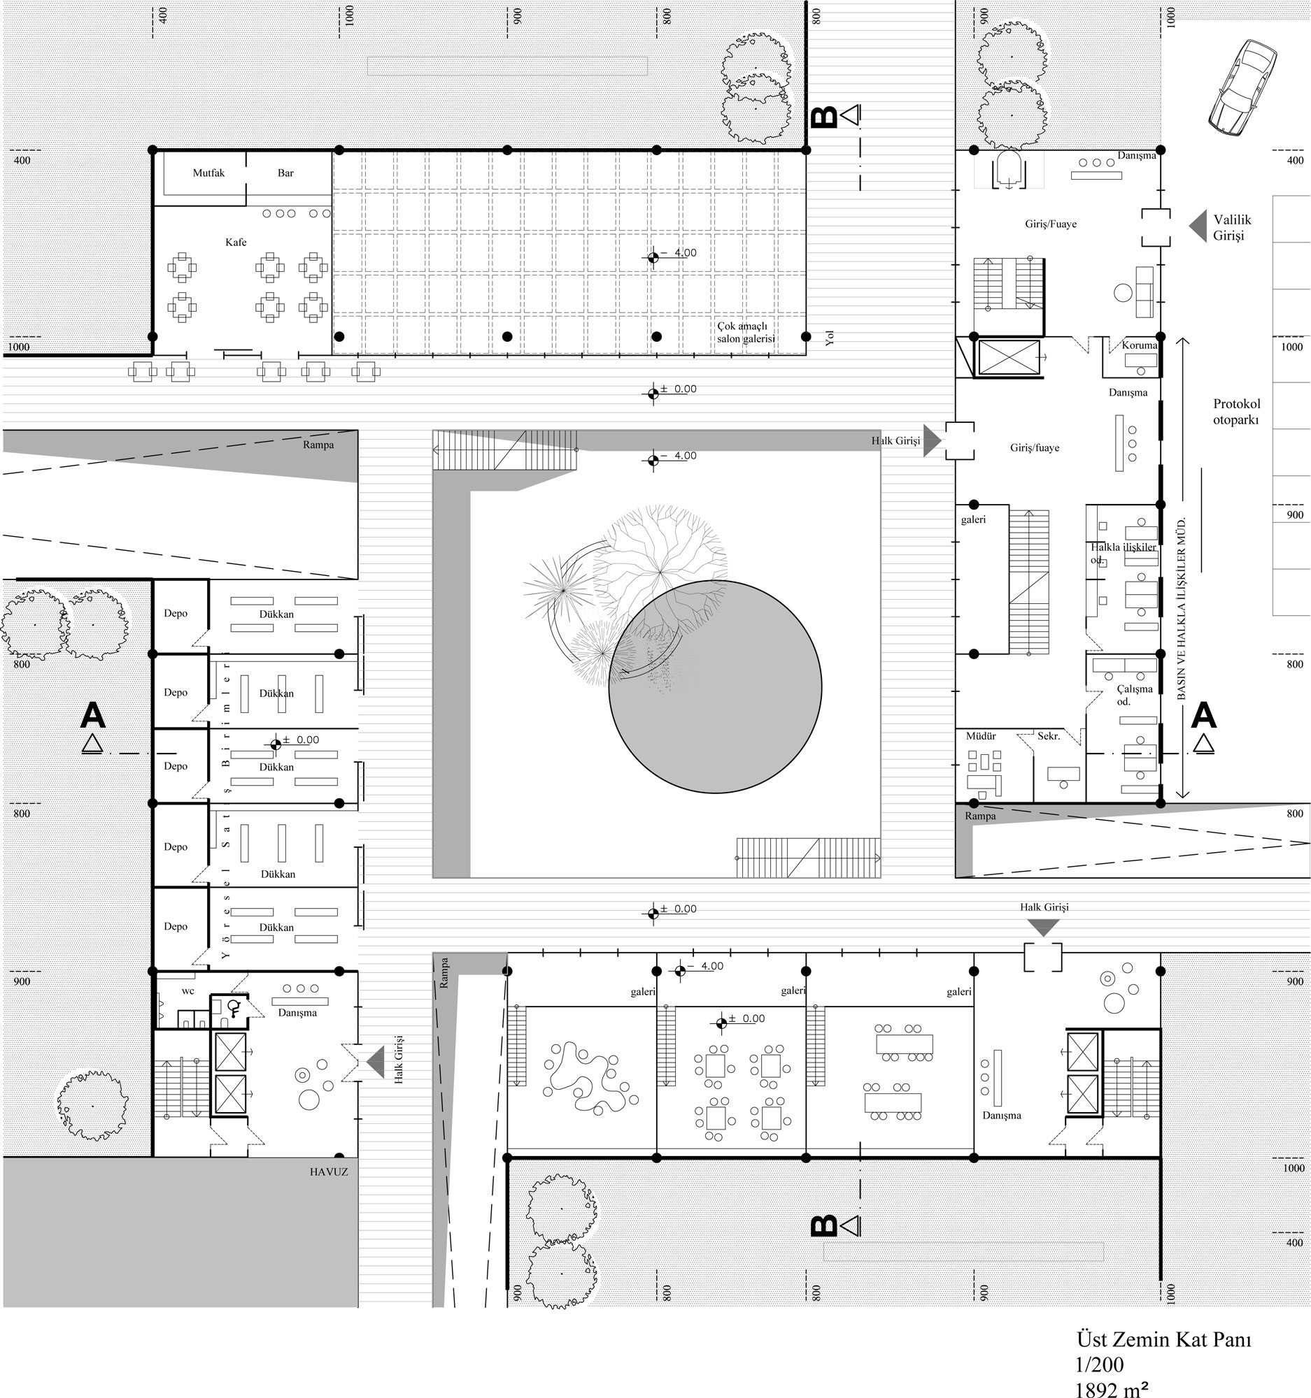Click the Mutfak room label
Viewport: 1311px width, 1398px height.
[208, 173]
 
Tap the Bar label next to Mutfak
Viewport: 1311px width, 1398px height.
[285, 173]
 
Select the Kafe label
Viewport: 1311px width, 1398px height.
[236, 242]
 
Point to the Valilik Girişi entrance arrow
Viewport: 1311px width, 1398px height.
[1198, 226]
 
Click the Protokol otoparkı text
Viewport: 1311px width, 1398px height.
[1236, 412]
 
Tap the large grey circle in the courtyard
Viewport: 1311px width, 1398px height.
[715, 687]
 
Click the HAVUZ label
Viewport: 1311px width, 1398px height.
[329, 1172]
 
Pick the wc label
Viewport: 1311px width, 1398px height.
[188, 992]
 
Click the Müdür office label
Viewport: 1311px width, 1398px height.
[980, 736]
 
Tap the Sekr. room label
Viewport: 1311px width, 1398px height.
[1049, 736]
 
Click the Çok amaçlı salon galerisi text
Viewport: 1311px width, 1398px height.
[746, 333]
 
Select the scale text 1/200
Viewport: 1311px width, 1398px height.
[1099, 1365]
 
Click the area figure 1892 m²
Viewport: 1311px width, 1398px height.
[1112, 1389]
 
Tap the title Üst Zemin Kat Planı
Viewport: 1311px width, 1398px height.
[1164, 1339]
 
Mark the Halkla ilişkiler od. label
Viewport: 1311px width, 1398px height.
[1123, 553]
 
